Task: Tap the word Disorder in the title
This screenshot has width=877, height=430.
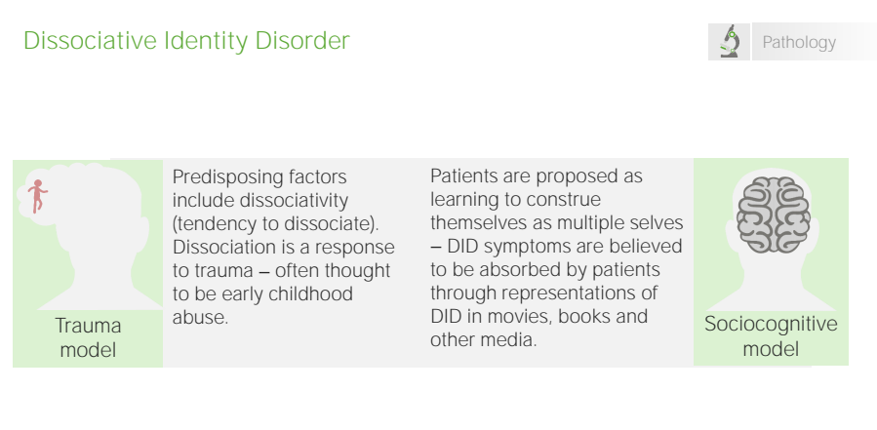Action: (302, 41)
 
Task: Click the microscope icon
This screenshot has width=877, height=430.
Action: (730, 41)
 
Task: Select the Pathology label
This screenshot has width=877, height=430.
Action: (799, 43)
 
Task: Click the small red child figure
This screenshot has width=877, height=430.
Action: (37, 196)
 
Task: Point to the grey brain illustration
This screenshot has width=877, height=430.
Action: (773, 215)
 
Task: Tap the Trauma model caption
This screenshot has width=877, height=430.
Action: (89, 337)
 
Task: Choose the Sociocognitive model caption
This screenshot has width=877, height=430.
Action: (771, 336)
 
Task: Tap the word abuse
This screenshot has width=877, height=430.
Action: (200, 317)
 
